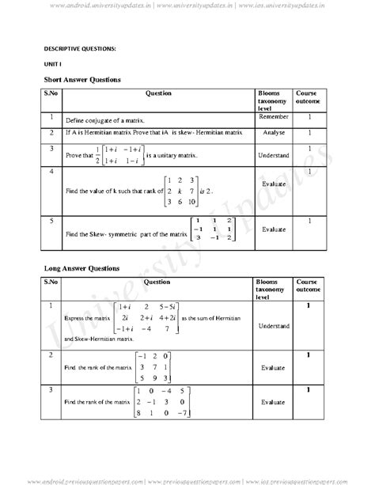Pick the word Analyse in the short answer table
pos(274,132)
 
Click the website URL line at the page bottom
pos(187,479)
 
